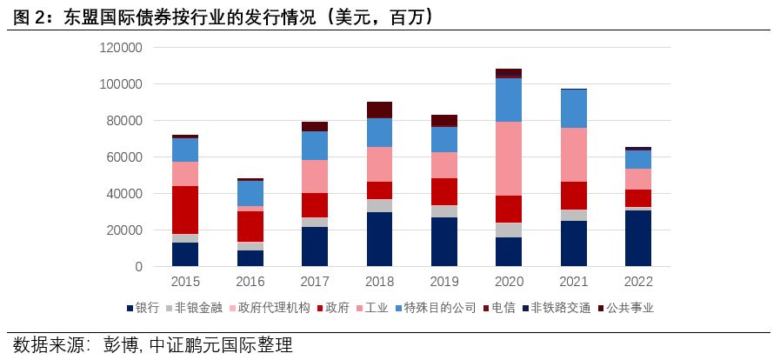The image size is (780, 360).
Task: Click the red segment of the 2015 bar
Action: (185, 210)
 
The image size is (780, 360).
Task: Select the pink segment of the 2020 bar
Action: (509, 158)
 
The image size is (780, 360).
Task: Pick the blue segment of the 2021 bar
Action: (573, 109)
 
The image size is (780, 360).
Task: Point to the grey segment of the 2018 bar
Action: (379, 205)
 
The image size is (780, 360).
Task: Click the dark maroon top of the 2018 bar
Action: (379, 110)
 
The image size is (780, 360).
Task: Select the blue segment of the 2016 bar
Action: (250, 193)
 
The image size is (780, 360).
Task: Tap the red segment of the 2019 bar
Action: (444, 191)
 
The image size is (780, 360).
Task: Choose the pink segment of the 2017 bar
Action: (315, 177)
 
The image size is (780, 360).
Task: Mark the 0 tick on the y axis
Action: (137, 267)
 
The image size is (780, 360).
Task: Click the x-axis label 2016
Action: (250, 282)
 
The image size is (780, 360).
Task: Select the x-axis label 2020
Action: (509, 282)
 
